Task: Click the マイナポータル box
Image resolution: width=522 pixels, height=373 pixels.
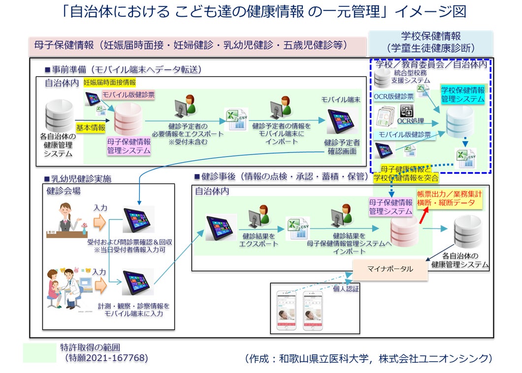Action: [390, 269]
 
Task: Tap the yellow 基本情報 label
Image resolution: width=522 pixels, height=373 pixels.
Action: [91, 127]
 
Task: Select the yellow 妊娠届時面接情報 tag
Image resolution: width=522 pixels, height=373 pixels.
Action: [109, 83]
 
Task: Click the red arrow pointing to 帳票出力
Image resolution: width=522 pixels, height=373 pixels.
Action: [423, 215]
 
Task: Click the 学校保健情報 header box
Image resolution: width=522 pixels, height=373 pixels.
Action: [431, 42]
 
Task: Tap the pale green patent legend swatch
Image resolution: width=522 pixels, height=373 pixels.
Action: [39, 353]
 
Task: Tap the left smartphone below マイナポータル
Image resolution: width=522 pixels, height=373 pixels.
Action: [288, 311]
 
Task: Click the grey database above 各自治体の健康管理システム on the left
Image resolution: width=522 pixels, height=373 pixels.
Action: [59, 116]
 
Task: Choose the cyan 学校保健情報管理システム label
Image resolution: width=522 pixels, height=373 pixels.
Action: [462, 94]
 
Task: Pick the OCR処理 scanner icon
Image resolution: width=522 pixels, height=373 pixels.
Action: [407, 111]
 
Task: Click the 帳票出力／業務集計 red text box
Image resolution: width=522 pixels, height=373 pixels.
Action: [450, 198]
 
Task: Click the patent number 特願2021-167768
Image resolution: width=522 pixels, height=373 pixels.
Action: [106, 358]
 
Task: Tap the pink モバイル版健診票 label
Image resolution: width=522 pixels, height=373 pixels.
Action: [122, 94]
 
